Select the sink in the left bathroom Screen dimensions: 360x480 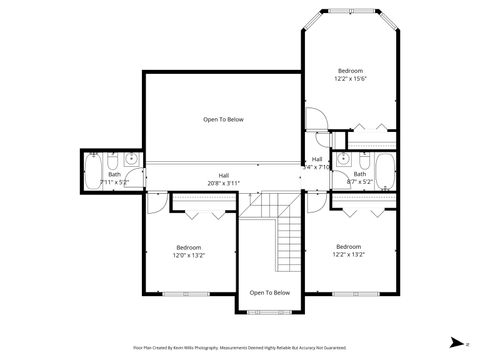coord(134,160)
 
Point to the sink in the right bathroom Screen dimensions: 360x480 coord(343,160)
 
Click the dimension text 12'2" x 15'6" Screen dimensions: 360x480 coord(350,79)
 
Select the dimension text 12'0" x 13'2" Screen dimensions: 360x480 coord(188,255)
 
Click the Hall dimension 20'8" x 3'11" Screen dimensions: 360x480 coord(224,183)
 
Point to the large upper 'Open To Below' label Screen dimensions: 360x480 coord(223,119)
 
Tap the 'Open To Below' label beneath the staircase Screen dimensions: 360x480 coord(269,293)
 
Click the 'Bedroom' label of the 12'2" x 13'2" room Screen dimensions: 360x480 coord(348,246)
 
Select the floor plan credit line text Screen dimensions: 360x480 coord(240,347)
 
